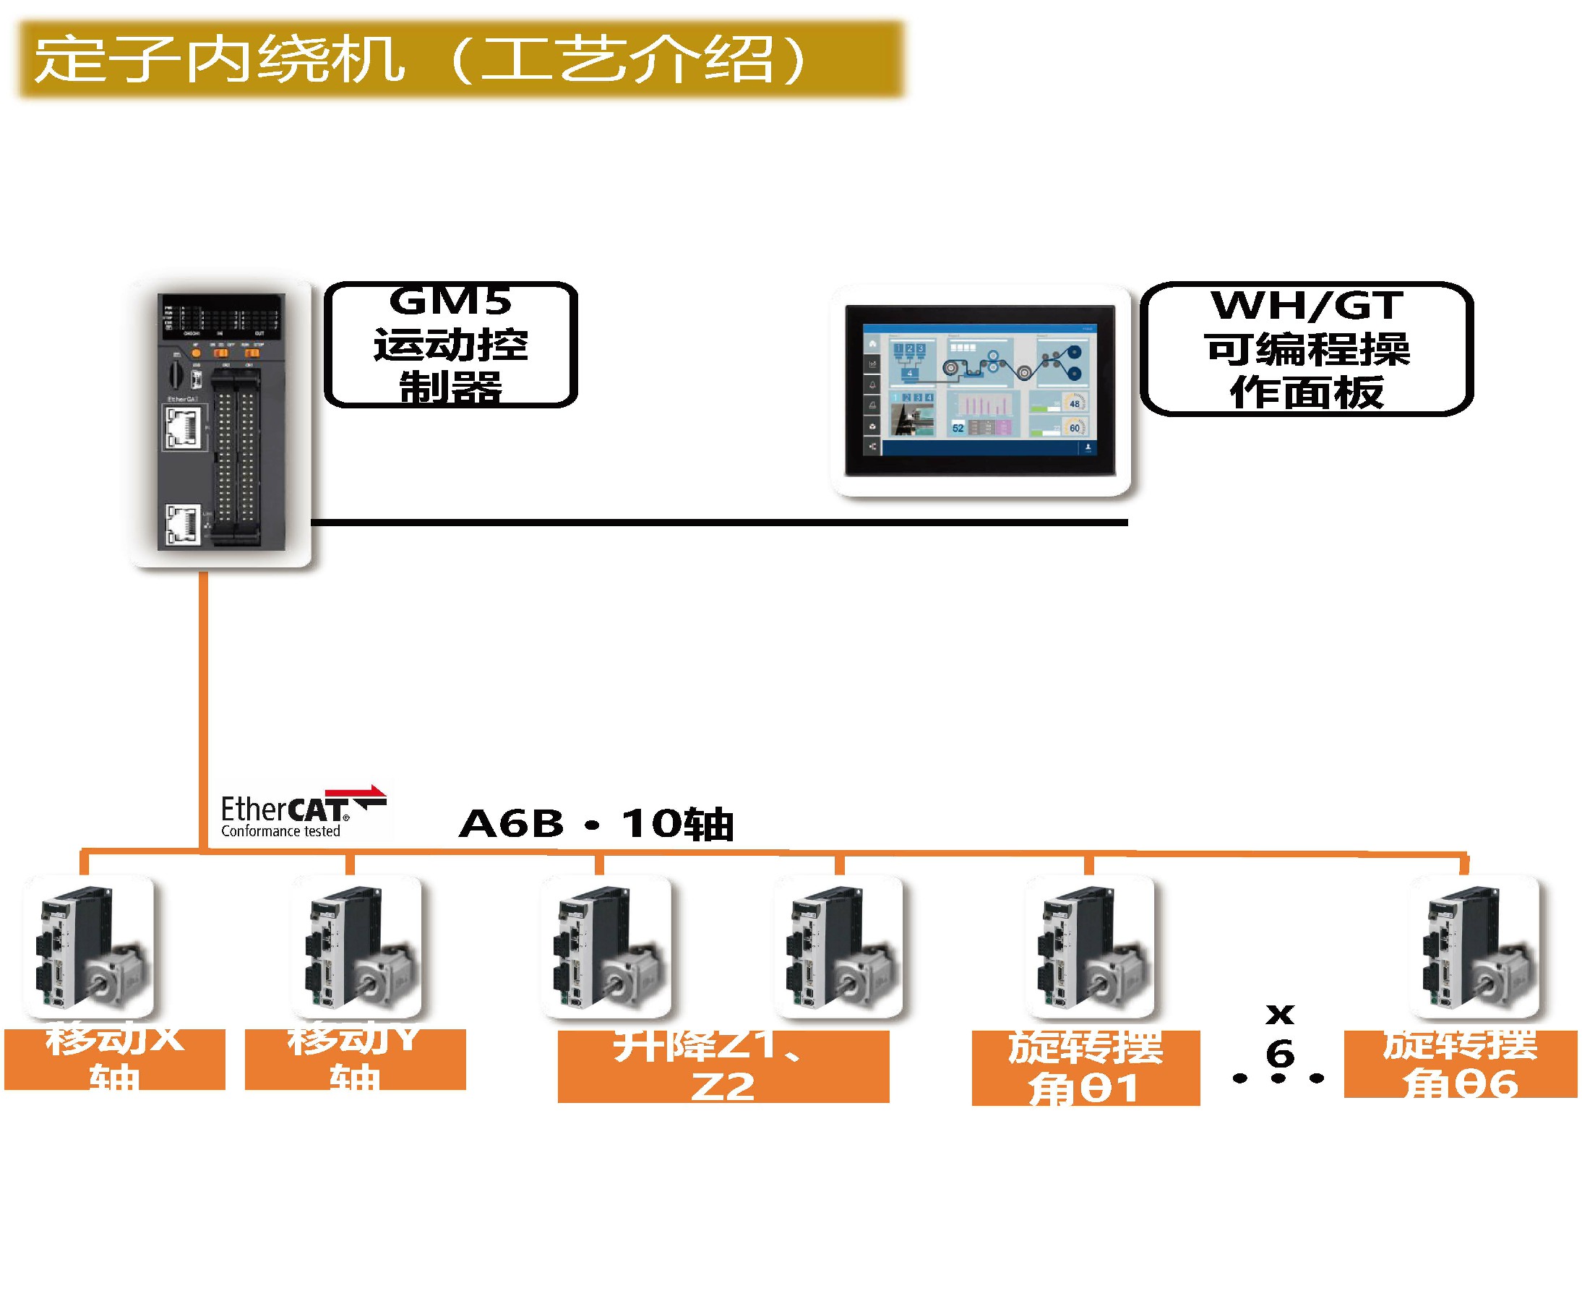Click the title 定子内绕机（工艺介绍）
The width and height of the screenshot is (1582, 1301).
click(x=420, y=60)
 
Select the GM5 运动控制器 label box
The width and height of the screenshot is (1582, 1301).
click(x=450, y=345)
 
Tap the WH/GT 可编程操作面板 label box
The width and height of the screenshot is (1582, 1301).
click(x=1306, y=348)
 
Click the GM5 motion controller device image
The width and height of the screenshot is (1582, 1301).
click(x=221, y=422)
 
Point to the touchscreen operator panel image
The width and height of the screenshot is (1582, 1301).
click(x=979, y=390)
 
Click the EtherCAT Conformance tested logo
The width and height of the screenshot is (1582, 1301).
click(x=300, y=814)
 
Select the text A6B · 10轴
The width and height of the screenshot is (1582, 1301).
click(x=596, y=825)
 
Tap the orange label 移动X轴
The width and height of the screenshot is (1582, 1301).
click(x=115, y=1058)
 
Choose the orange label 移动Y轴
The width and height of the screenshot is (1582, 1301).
click(x=356, y=1058)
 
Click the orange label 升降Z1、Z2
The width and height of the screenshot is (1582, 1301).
click(x=723, y=1065)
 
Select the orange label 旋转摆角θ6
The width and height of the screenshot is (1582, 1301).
click(x=1460, y=1063)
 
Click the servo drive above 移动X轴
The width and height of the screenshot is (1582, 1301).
click(x=88, y=948)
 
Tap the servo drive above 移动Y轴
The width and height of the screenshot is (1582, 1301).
click(x=357, y=948)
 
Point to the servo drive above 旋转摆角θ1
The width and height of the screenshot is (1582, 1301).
click(x=1090, y=948)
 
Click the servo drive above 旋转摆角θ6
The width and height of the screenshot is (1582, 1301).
click(x=1474, y=948)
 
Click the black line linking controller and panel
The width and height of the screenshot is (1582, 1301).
click(x=719, y=523)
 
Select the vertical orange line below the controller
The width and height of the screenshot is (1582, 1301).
click(x=203, y=712)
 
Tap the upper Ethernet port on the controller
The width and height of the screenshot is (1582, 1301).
click(x=181, y=429)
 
